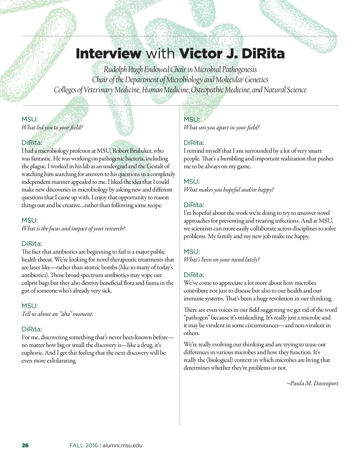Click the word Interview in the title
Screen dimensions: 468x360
(x=108, y=54)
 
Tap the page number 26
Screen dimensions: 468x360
(x=25, y=445)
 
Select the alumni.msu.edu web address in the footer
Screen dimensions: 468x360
(x=123, y=445)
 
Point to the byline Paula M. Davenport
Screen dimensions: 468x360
(x=313, y=383)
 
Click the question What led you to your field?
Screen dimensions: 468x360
(x=52, y=127)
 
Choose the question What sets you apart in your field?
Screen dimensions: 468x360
(x=221, y=127)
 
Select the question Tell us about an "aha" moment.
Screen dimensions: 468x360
(x=58, y=314)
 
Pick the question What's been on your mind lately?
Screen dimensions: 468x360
(x=221, y=260)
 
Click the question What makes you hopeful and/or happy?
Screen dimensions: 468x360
(x=229, y=190)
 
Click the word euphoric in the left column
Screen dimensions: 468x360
(x=33, y=353)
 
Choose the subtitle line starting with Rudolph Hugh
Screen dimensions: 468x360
(x=180, y=70)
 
